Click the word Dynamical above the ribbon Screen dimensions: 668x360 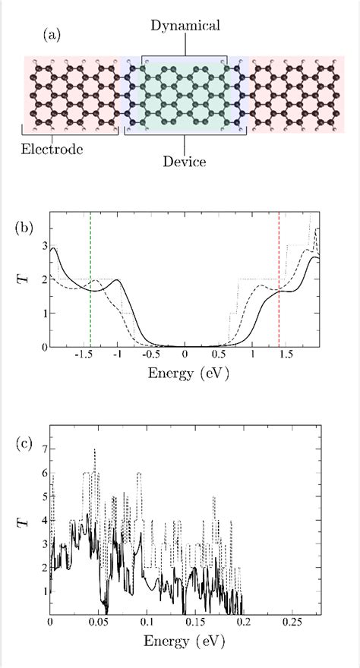185,26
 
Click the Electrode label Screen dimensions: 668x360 52,148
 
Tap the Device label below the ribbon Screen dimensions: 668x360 185,162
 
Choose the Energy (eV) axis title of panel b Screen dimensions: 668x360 185,373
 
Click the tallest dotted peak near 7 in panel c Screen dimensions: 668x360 94,450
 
